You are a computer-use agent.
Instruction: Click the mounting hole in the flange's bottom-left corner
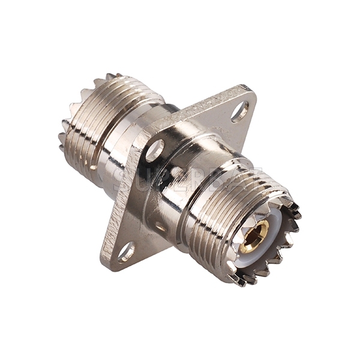[x=126, y=252]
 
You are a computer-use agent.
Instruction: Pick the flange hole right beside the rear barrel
[x=154, y=150]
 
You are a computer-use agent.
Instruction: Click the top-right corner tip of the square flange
[x=247, y=90]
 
